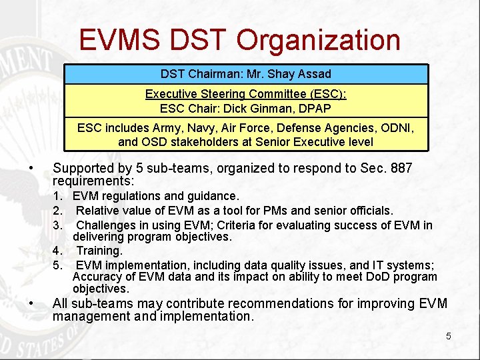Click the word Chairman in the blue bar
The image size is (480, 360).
point(206,73)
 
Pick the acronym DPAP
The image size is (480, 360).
point(315,107)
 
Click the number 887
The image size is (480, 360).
point(401,168)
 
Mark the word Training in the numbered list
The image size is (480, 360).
point(99,251)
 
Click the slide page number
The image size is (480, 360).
point(448,336)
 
